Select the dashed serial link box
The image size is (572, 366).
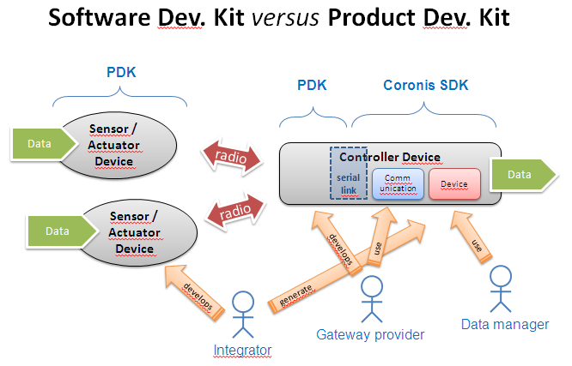coord(349,172)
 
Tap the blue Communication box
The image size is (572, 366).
coord(396,184)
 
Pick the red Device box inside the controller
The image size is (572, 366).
coord(453,184)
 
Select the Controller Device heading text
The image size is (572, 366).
coord(390,157)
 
